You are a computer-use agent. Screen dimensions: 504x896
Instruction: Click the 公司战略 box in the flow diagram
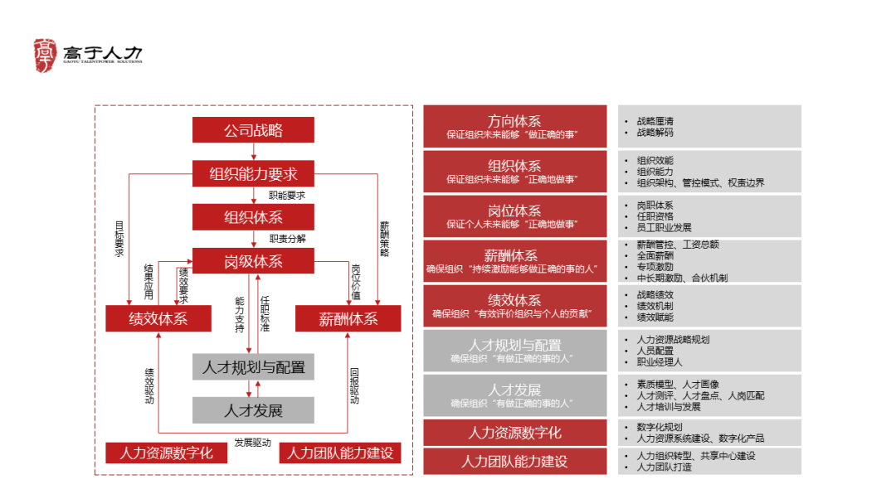tap(253, 130)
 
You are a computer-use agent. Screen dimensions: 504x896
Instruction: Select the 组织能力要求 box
tap(253, 174)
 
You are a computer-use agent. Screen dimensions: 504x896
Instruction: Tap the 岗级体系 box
tap(253, 261)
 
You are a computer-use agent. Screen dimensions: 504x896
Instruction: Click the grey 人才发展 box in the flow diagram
tap(253, 410)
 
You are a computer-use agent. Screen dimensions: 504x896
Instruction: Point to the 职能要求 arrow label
tap(287, 196)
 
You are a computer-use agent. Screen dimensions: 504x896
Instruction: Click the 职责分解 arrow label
tap(287, 239)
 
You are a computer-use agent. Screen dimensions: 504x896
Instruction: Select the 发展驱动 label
tap(252, 443)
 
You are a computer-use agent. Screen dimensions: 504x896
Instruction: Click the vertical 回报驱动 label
tap(355, 385)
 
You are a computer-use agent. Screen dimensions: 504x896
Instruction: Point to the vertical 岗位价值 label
tap(356, 281)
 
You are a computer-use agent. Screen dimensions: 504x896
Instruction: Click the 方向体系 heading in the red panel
tap(514, 121)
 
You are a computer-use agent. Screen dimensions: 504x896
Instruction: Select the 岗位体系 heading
tap(514, 211)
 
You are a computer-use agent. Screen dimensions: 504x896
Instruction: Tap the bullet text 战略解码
tap(655, 133)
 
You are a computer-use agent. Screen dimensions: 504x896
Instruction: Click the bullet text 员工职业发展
tap(664, 227)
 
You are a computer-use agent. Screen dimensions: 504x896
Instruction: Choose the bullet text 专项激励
tap(655, 267)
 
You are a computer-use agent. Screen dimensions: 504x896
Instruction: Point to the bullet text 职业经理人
tap(660, 362)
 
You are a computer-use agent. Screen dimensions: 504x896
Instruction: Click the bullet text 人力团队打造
tap(664, 467)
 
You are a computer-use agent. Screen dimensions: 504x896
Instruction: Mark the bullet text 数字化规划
tap(660, 426)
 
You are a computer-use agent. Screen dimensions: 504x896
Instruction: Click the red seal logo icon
tap(46, 55)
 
